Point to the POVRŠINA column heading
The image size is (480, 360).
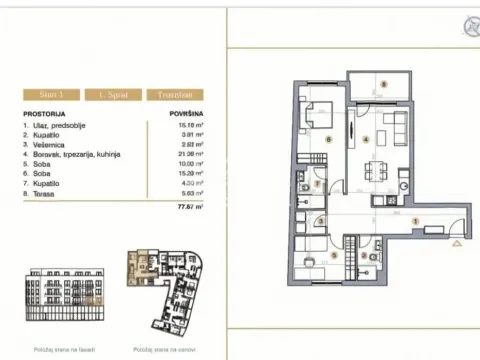click(x=187, y=115)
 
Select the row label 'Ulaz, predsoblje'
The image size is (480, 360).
click(x=60, y=126)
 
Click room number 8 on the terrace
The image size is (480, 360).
click(x=381, y=84)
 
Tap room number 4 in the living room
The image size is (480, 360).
click(x=367, y=138)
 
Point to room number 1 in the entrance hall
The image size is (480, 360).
click(x=415, y=221)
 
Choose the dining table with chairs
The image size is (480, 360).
click(x=378, y=167)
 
